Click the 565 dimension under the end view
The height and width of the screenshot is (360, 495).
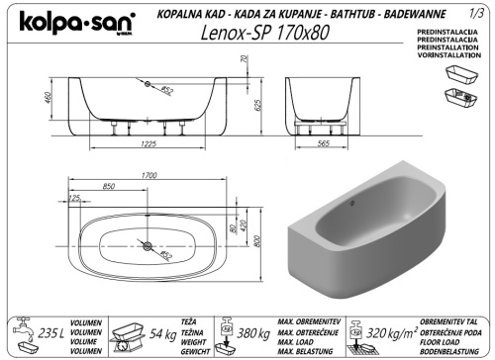pyautogui.click(x=322, y=144)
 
